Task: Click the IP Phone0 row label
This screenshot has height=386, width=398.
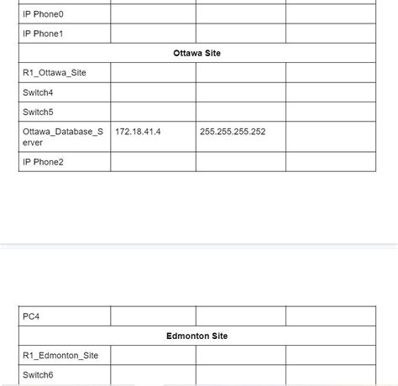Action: click(x=43, y=14)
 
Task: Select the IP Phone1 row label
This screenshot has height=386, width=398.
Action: click(x=43, y=34)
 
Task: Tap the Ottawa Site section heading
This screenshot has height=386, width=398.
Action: click(x=196, y=53)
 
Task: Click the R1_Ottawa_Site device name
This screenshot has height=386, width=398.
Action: click(x=55, y=73)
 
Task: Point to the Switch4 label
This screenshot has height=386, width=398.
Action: click(x=38, y=92)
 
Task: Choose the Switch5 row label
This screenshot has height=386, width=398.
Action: click(x=38, y=112)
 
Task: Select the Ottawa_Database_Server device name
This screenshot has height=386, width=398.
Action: click(x=64, y=137)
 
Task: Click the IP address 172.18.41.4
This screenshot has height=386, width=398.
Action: click(x=138, y=132)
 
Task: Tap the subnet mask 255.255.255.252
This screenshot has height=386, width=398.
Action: click(x=233, y=132)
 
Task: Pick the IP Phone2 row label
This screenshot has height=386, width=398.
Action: click(x=43, y=162)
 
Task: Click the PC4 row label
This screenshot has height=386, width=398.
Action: click(x=31, y=316)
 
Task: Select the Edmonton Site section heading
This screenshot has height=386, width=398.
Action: click(x=196, y=336)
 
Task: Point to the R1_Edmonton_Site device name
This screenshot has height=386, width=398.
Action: click(x=60, y=356)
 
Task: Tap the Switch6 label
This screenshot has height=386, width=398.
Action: click(x=38, y=375)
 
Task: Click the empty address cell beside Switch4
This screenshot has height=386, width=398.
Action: click(x=153, y=92)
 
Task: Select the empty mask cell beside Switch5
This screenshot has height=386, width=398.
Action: click(x=240, y=112)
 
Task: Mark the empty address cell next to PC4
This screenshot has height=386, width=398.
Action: click(x=153, y=316)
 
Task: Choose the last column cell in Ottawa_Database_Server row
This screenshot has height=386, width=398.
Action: click(x=330, y=137)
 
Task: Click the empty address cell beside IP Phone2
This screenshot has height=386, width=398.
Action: click(x=153, y=162)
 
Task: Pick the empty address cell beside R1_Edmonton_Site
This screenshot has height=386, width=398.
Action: click(x=153, y=356)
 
